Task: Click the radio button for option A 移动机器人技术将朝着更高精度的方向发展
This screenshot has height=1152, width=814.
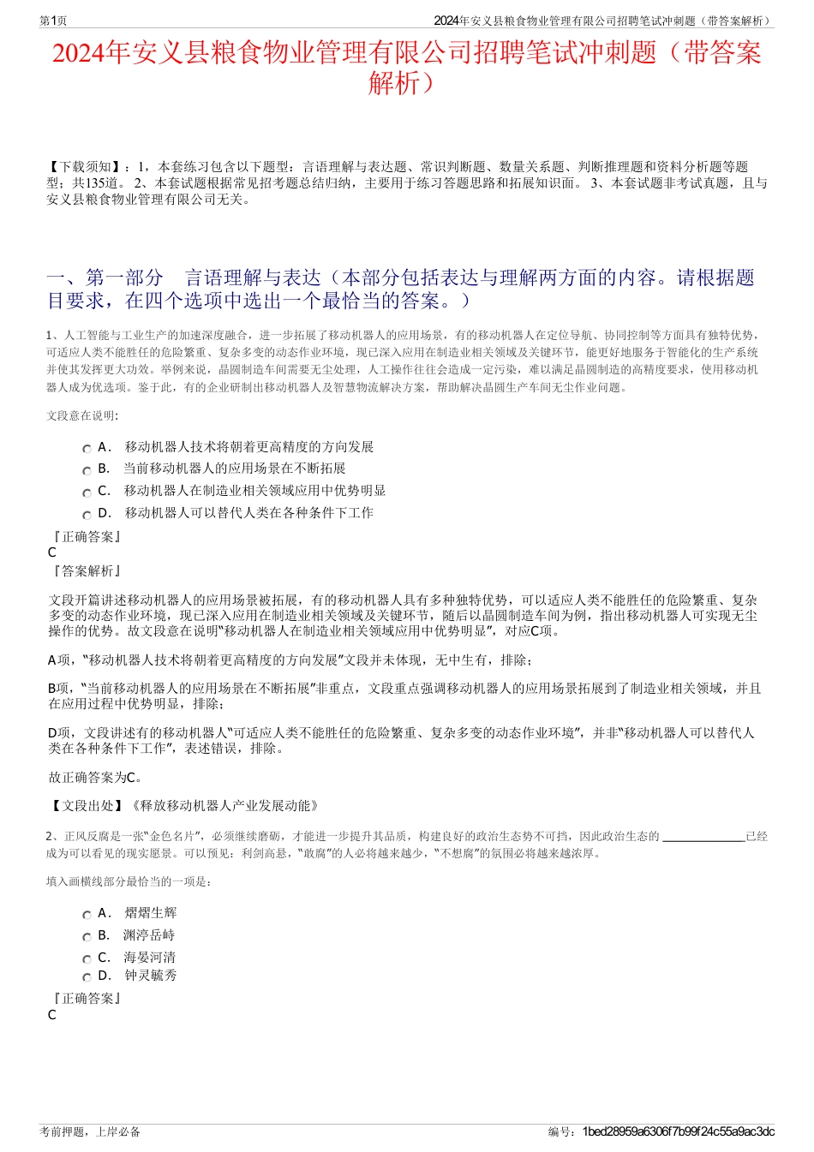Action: click(87, 449)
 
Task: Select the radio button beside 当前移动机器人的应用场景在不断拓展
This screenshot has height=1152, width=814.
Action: click(87, 470)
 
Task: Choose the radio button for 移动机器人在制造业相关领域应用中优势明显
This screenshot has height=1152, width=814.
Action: click(87, 492)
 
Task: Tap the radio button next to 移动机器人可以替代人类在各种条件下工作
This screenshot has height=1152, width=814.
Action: click(87, 515)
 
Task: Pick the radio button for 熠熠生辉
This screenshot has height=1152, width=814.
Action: click(87, 915)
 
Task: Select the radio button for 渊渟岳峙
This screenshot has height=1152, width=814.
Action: click(87, 937)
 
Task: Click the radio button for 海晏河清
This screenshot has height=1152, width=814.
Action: click(87, 959)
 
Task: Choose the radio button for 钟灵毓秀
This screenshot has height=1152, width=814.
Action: click(87, 977)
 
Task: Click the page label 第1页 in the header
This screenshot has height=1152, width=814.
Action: click(53, 21)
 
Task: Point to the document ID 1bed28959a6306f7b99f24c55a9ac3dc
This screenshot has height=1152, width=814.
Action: click(678, 1131)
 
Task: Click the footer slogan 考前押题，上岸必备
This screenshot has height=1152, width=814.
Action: click(90, 1131)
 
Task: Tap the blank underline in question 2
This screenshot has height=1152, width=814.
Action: click(703, 837)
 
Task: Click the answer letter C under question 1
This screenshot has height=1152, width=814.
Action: click(52, 552)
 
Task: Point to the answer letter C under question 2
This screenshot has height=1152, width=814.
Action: click(52, 1015)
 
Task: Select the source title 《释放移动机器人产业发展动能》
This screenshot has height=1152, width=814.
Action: click(224, 805)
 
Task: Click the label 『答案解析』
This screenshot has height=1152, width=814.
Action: click(86, 570)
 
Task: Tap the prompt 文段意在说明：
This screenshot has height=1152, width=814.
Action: click(82, 415)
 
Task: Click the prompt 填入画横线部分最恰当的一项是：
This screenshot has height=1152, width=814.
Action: click(129, 880)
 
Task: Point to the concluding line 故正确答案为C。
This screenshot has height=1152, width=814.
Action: click(96, 778)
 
